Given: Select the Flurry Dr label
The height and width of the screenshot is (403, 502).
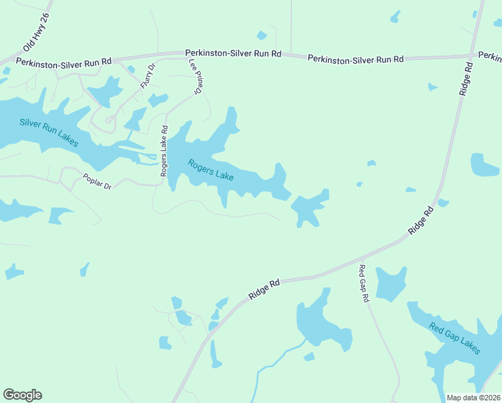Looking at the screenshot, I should click(x=148, y=75).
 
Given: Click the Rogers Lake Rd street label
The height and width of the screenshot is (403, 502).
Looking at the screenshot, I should click(x=164, y=151).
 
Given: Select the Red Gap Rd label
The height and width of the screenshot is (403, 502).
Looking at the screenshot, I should click(x=364, y=283).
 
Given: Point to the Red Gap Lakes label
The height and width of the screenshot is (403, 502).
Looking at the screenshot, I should click(x=455, y=338).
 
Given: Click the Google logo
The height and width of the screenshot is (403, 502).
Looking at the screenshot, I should click(x=22, y=395).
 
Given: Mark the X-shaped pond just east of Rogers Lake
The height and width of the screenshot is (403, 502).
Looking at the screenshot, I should click(x=309, y=209).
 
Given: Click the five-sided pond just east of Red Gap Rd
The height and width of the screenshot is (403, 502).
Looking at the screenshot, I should click(x=390, y=284).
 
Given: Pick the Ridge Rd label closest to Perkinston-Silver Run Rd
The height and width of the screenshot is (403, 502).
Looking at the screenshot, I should click(x=466, y=79).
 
